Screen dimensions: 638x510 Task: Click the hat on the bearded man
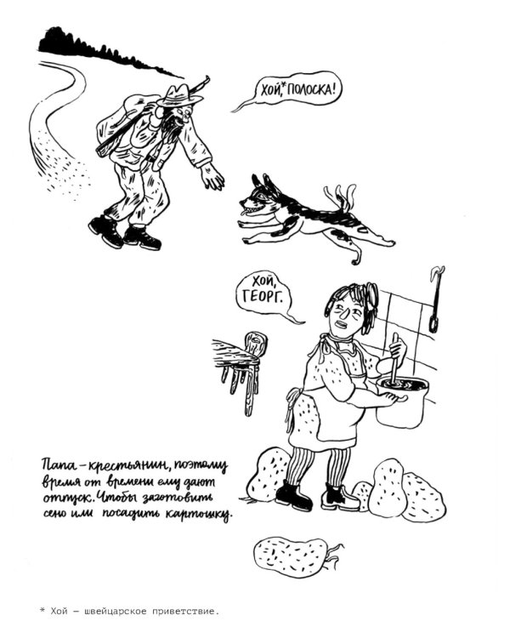182,94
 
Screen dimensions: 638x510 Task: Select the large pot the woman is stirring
399,405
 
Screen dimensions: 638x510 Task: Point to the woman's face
344,316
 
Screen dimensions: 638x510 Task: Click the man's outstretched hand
212,178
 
